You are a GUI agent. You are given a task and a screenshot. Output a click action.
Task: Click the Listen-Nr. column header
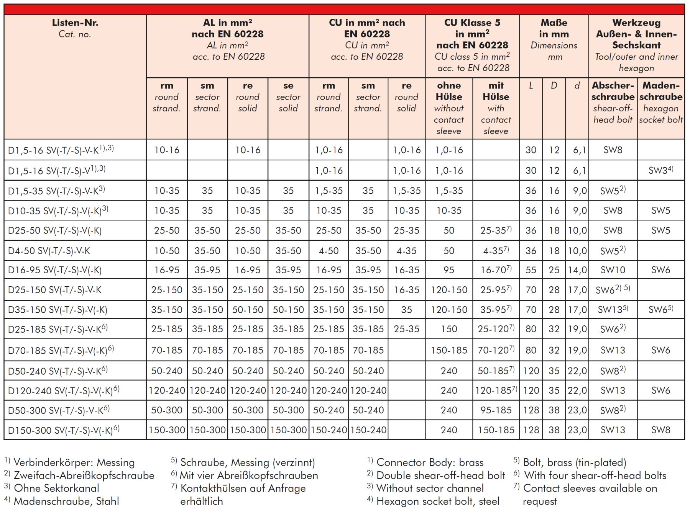pos(75,28)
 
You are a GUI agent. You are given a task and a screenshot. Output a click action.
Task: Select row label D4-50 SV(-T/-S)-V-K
pos(49,251)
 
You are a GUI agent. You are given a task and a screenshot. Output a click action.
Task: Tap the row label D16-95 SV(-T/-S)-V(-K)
pos(55,270)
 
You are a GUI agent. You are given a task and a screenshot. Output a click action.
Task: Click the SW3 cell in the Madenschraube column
pos(660,170)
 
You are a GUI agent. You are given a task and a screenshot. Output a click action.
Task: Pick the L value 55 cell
pos(531,270)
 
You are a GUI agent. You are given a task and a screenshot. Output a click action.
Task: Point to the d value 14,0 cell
pos(577,270)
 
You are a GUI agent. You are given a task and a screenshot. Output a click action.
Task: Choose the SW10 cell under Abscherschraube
pos(613,270)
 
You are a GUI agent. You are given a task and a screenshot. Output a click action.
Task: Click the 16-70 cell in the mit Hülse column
pos(496,270)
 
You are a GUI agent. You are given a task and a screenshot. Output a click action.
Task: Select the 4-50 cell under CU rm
pos(329,251)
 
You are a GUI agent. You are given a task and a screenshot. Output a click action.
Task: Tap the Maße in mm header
pos(554,39)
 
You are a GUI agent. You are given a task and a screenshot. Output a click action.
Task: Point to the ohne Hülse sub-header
pos(449,108)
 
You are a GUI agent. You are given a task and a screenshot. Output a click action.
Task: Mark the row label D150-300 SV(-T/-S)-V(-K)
pos(64,430)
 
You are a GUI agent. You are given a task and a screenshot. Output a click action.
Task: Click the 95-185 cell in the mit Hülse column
pos(496,410)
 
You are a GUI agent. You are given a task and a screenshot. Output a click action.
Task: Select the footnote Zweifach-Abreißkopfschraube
pos(84,475)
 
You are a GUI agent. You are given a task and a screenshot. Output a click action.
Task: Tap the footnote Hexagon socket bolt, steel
pos(438,501)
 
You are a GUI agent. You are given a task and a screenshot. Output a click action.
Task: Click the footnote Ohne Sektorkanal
pos(56,488)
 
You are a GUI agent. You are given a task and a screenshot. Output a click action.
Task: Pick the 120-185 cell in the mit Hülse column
pos(496,390)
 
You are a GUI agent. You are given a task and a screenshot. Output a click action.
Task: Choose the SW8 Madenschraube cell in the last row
pos(660,430)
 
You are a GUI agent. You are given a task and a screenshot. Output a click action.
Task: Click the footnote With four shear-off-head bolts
pos(595,475)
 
